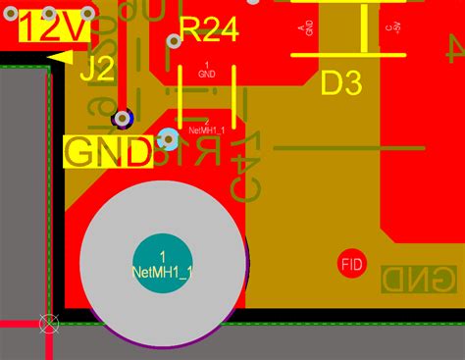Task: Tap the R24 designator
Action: click(209, 33)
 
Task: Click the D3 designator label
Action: click(341, 84)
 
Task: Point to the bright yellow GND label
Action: click(108, 152)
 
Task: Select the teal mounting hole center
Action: click(162, 263)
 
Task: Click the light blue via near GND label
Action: click(168, 140)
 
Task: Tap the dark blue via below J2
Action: click(124, 118)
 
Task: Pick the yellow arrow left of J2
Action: click(59, 59)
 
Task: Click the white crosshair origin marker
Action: click(47, 323)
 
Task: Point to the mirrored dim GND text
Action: click(418, 280)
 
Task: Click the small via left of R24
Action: click(174, 41)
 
